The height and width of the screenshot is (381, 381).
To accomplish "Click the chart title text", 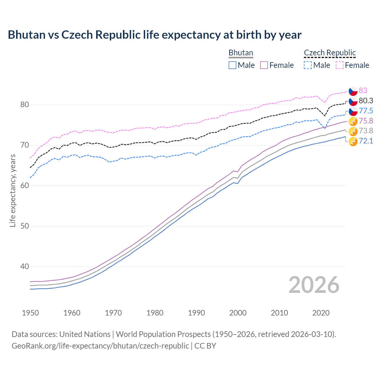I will pos(154,35).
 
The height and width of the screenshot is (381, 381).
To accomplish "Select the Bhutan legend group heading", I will pos(241,53).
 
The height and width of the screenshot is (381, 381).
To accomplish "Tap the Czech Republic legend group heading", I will pos(330,53).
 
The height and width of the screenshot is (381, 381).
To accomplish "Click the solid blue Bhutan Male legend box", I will pos(232,65).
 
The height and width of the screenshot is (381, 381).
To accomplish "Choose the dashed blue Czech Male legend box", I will pos(308,65).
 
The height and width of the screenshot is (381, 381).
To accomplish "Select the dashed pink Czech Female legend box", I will pos(340,65).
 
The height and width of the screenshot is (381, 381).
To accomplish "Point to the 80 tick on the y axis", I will pos(24,105).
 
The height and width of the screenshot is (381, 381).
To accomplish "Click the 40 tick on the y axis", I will pos(24,267).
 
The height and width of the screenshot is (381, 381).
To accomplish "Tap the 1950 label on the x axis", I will pos(30,313).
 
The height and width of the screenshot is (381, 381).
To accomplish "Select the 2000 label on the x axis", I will pos(238,313).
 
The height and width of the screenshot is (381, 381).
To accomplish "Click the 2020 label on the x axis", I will pos(321,313).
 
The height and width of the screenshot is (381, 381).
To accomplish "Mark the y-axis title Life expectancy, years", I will pos(13,191).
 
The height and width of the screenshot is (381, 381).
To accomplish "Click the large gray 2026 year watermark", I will pos(314,285).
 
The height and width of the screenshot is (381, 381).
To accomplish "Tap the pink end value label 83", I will pos(363,90).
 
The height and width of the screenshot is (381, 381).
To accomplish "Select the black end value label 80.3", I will pos(366,101).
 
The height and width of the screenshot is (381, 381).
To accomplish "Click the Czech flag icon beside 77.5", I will pos(353,111).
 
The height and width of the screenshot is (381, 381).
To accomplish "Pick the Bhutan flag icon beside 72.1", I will pos(353,142).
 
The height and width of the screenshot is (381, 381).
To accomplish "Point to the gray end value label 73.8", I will pos(366,131).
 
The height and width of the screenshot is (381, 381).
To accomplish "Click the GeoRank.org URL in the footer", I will pos(100,346).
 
